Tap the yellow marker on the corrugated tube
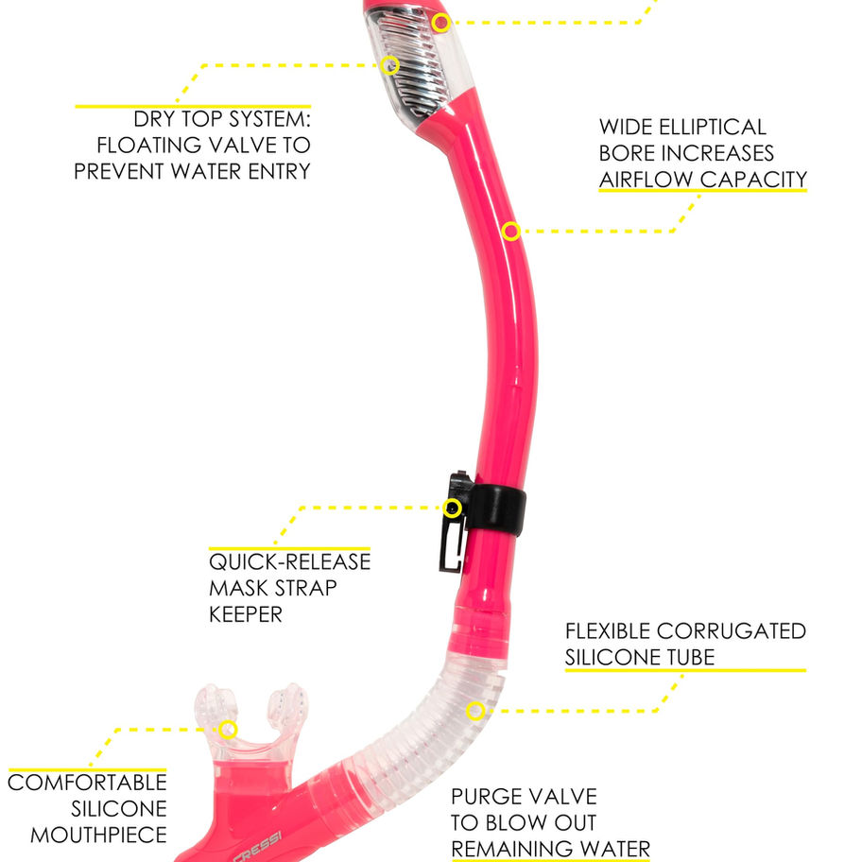476,710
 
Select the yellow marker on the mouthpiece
227,729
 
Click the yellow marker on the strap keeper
453,508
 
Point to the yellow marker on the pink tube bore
510,231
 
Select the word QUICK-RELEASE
289,561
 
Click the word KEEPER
246,614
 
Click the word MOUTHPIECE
98,836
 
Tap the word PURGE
489,797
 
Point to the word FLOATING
149,146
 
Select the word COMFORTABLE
87,783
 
